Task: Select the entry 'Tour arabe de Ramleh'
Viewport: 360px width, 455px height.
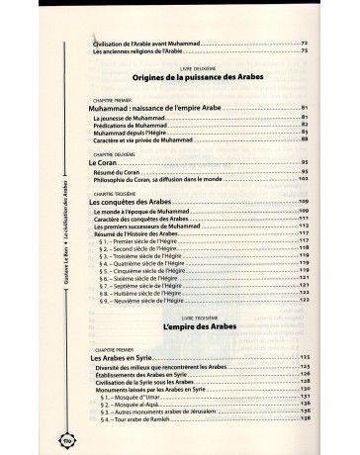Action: tap(150, 419)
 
